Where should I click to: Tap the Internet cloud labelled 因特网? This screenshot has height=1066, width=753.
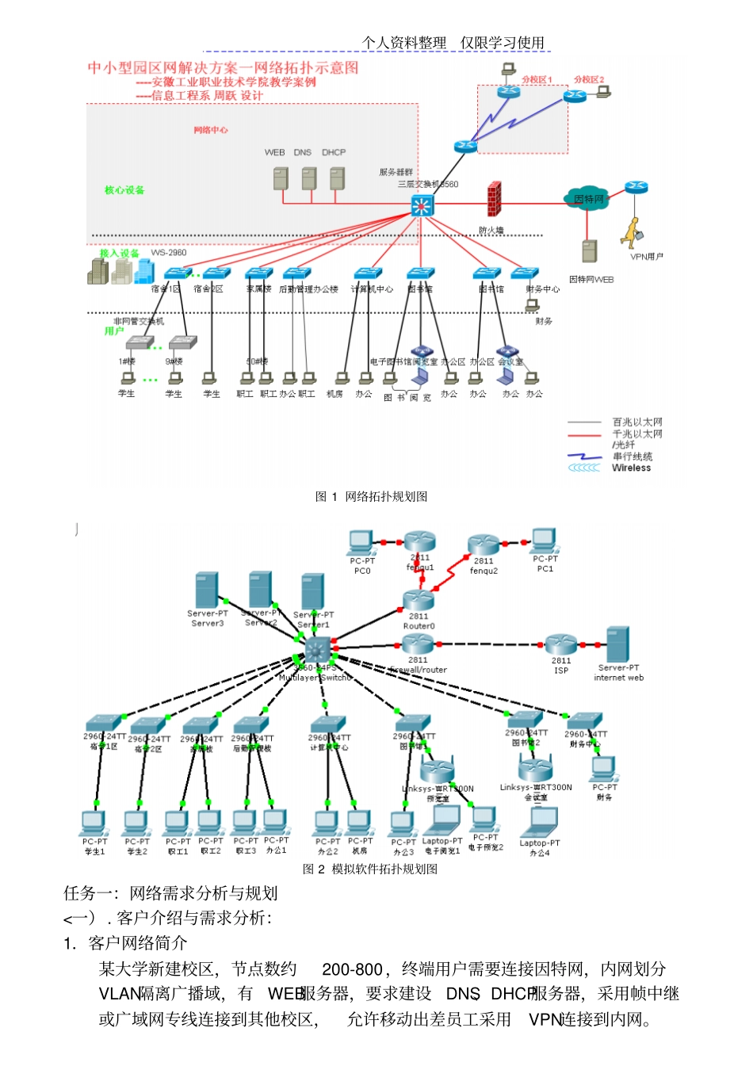[587, 199]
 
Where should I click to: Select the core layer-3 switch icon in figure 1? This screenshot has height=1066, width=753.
[422, 205]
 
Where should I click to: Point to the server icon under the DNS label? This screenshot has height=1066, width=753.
[308, 178]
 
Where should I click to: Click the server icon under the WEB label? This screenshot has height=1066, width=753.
[281, 178]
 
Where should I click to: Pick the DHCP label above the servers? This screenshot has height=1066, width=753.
[334, 152]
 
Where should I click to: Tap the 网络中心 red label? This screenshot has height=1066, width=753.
[211, 130]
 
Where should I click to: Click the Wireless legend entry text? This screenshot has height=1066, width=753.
[631, 468]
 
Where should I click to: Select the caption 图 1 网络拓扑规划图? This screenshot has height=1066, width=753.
[371, 497]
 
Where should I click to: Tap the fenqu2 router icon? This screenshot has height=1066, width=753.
[483, 545]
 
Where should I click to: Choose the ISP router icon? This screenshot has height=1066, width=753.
[560, 644]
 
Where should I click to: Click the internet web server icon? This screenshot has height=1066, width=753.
[617, 644]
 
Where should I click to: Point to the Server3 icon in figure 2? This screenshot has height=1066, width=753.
[207, 590]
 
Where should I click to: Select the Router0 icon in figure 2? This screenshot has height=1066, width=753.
[418, 600]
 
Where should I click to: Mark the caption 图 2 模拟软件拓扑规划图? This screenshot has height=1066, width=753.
[370, 869]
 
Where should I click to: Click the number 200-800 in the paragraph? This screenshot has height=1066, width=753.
[352, 969]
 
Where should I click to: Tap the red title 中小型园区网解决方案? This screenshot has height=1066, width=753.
[223, 68]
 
